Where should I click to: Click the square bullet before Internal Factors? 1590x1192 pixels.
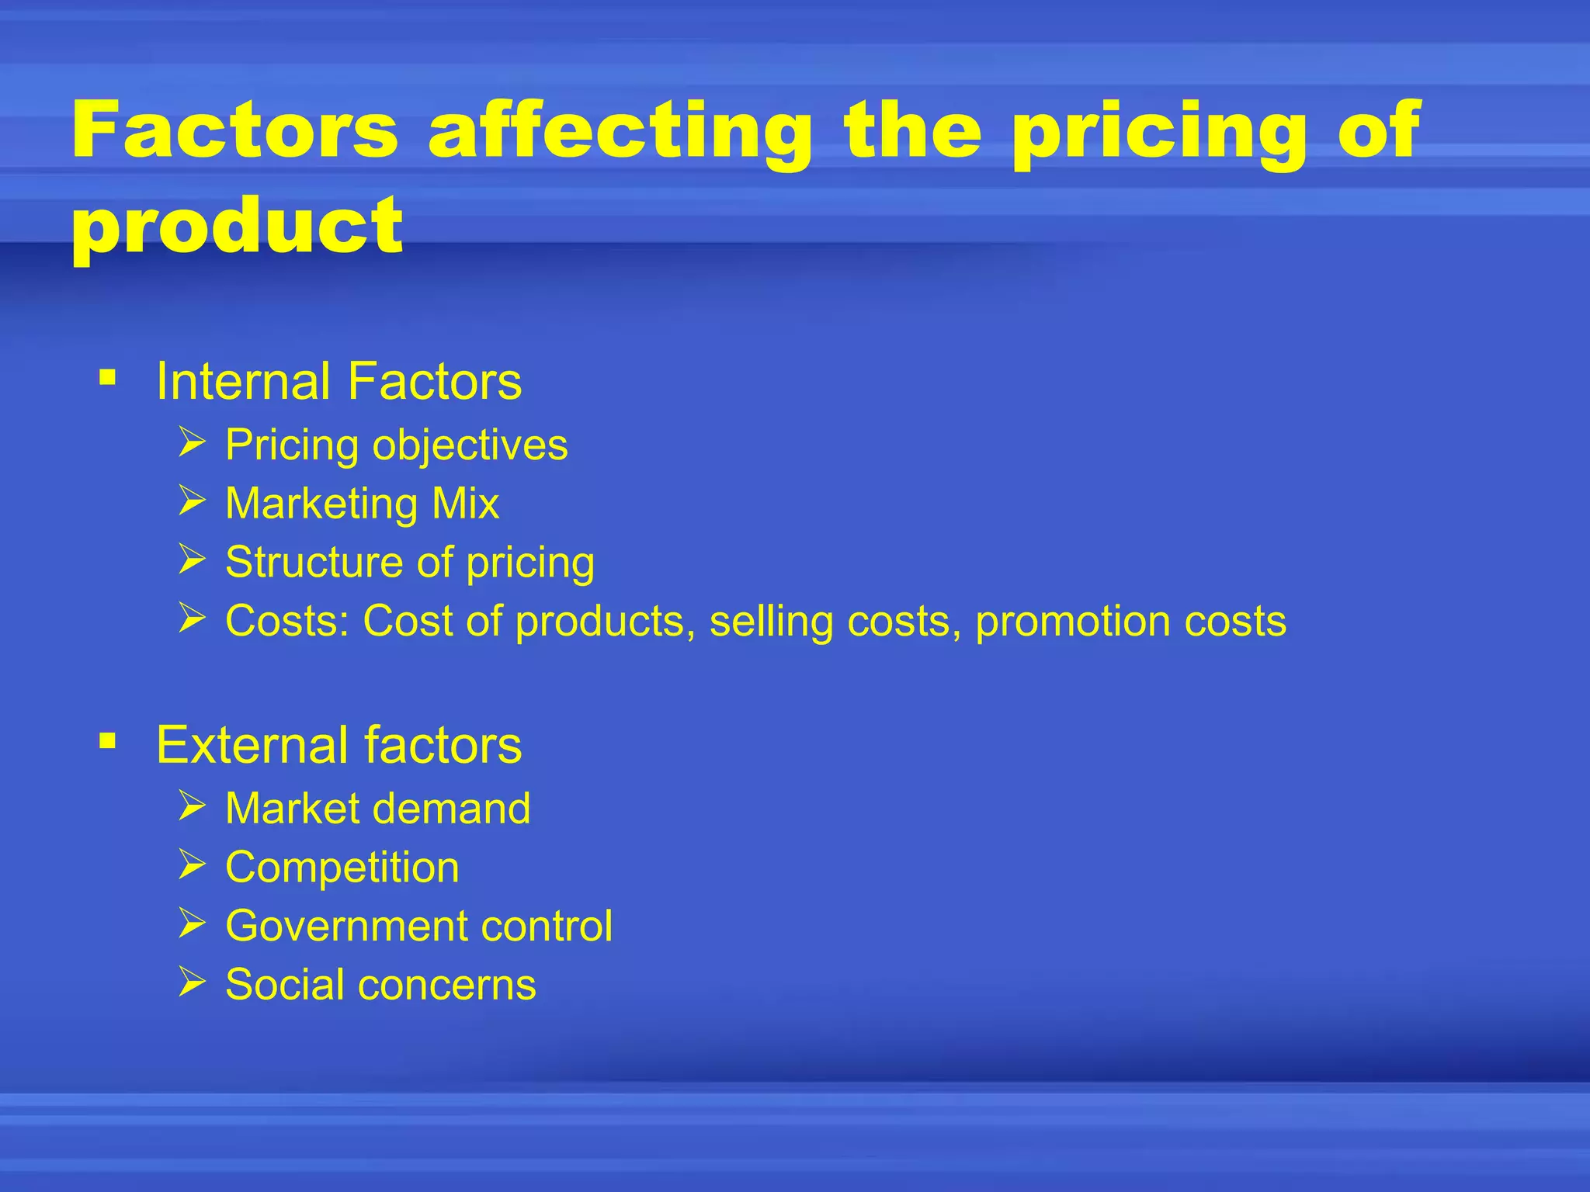107,379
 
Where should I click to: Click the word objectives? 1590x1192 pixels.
470,445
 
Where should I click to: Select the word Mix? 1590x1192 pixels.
465,504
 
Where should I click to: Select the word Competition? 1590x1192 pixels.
342,868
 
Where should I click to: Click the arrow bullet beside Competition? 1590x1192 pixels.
192,865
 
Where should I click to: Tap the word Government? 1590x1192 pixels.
346,926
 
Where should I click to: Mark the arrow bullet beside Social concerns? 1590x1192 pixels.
192,982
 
